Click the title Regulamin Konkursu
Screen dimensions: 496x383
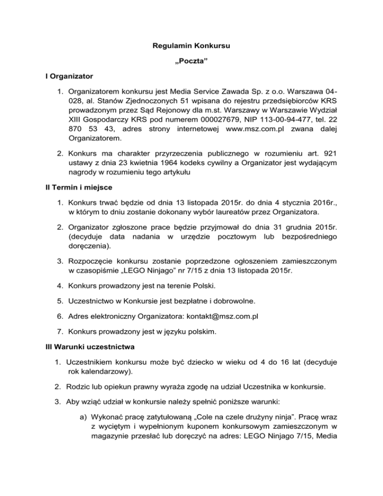click(191, 49)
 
